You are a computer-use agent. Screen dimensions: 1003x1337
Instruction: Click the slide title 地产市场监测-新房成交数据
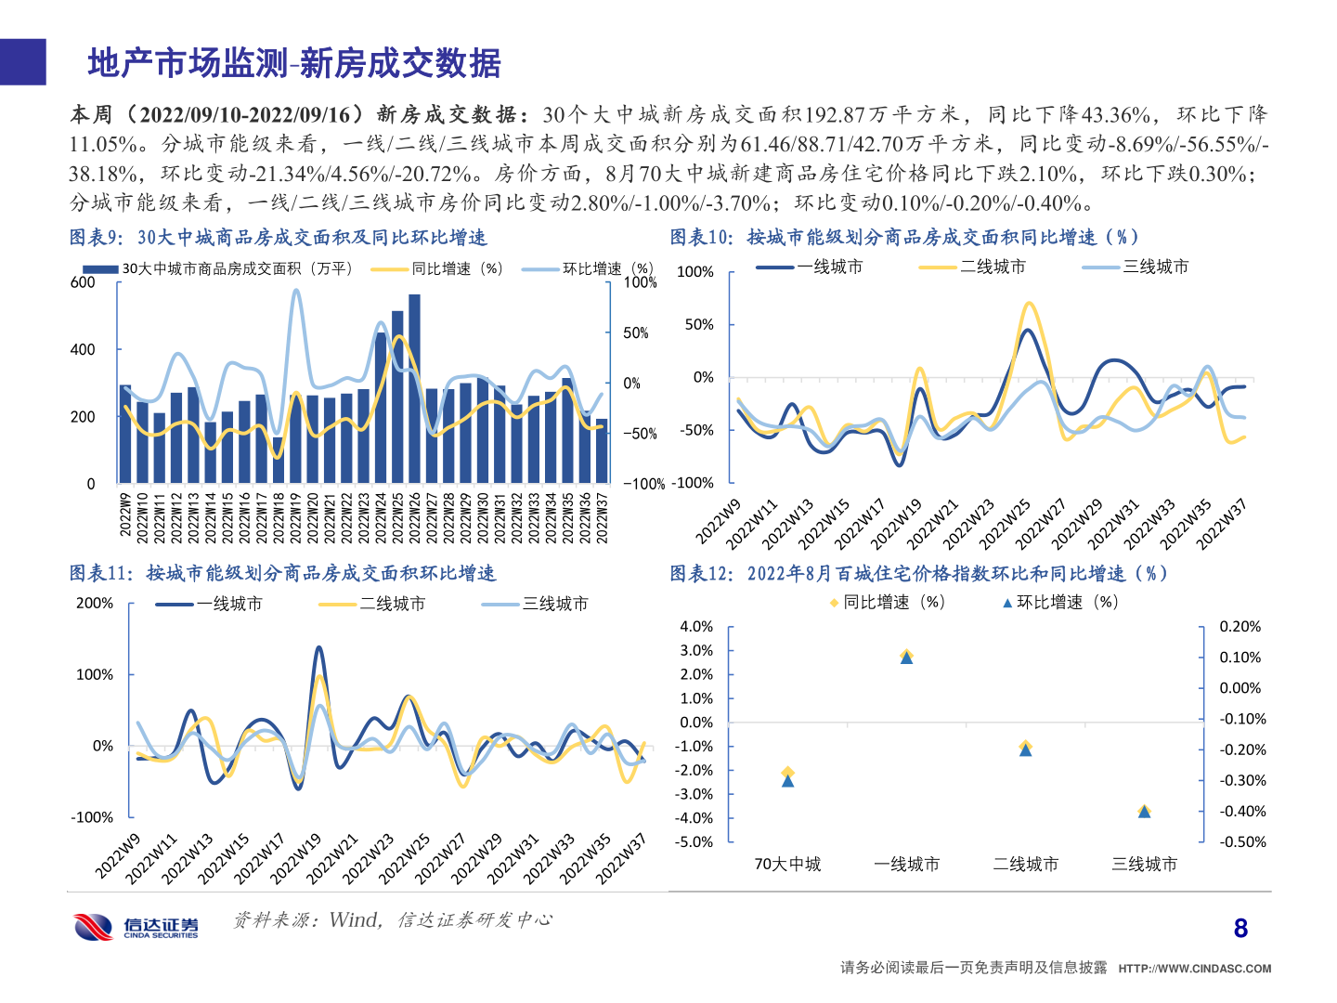(x=294, y=63)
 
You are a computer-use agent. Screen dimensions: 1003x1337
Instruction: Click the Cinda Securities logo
(x=136, y=926)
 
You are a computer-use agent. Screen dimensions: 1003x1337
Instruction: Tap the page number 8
(x=1240, y=928)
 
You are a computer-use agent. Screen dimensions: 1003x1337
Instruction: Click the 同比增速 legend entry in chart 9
(x=438, y=268)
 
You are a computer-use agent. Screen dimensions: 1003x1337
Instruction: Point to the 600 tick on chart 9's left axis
(x=83, y=282)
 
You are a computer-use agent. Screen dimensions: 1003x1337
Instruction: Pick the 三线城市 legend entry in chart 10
(x=1136, y=267)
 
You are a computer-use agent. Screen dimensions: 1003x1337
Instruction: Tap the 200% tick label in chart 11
(x=95, y=604)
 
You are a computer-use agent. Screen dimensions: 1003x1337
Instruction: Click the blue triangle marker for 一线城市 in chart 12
(x=907, y=658)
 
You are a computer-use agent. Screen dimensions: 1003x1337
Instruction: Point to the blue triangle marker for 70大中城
(x=788, y=780)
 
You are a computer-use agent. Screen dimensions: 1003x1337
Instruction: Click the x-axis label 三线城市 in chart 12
(x=1144, y=865)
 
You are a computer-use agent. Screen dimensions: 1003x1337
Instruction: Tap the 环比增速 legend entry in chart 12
(x=1060, y=602)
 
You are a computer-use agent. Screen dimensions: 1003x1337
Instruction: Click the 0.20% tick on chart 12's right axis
(x=1240, y=627)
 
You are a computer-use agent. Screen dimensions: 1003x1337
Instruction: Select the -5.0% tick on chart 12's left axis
(x=696, y=842)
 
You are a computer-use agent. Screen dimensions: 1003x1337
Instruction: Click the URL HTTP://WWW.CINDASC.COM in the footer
(x=1194, y=969)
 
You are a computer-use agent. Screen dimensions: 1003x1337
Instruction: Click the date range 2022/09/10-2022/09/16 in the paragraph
(x=245, y=114)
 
